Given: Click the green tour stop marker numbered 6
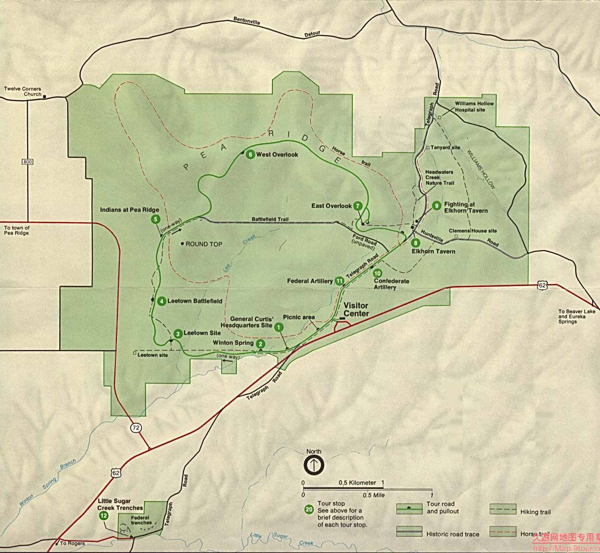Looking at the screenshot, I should click(x=250, y=155).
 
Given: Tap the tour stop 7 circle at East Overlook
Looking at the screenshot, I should click(x=358, y=206).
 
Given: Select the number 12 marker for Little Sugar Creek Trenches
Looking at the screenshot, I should click(x=104, y=515).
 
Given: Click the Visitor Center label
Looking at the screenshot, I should click(x=356, y=310).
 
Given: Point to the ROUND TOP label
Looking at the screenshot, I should click(x=204, y=244).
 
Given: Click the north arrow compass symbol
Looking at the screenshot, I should click(x=314, y=465).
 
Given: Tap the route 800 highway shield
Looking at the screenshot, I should click(x=28, y=161).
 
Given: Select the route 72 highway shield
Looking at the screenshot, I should click(x=136, y=428).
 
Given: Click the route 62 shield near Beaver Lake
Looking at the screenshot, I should click(x=542, y=285).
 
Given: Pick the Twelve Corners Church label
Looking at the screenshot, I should click(x=23, y=91).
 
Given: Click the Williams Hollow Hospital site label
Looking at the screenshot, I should click(x=474, y=107).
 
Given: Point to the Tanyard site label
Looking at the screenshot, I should click(x=445, y=148).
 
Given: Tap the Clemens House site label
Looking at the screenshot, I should click(x=473, y=231).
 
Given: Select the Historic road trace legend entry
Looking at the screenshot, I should click(x=452, y=534).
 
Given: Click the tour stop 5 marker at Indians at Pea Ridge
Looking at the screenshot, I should click(x=156, y=219).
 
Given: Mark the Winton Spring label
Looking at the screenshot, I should click(x=233, y=343).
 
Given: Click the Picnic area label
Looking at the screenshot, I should click(x=299, y=317).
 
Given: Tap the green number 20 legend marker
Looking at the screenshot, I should click(x=309, y=510).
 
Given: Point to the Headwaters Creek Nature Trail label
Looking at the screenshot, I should click(x=440, y=177).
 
